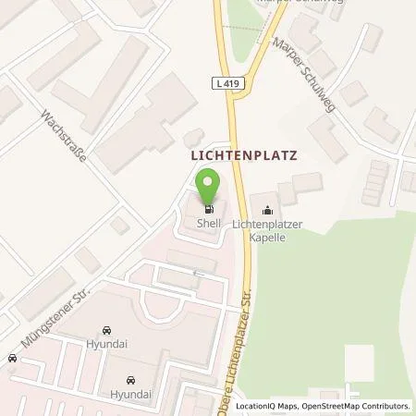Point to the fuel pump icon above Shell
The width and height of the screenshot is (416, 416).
(208, 207)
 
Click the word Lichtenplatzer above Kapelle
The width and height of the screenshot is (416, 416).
(269, 225)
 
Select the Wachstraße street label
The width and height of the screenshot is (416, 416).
(63, 140)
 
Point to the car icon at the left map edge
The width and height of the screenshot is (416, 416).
(12, 359)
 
